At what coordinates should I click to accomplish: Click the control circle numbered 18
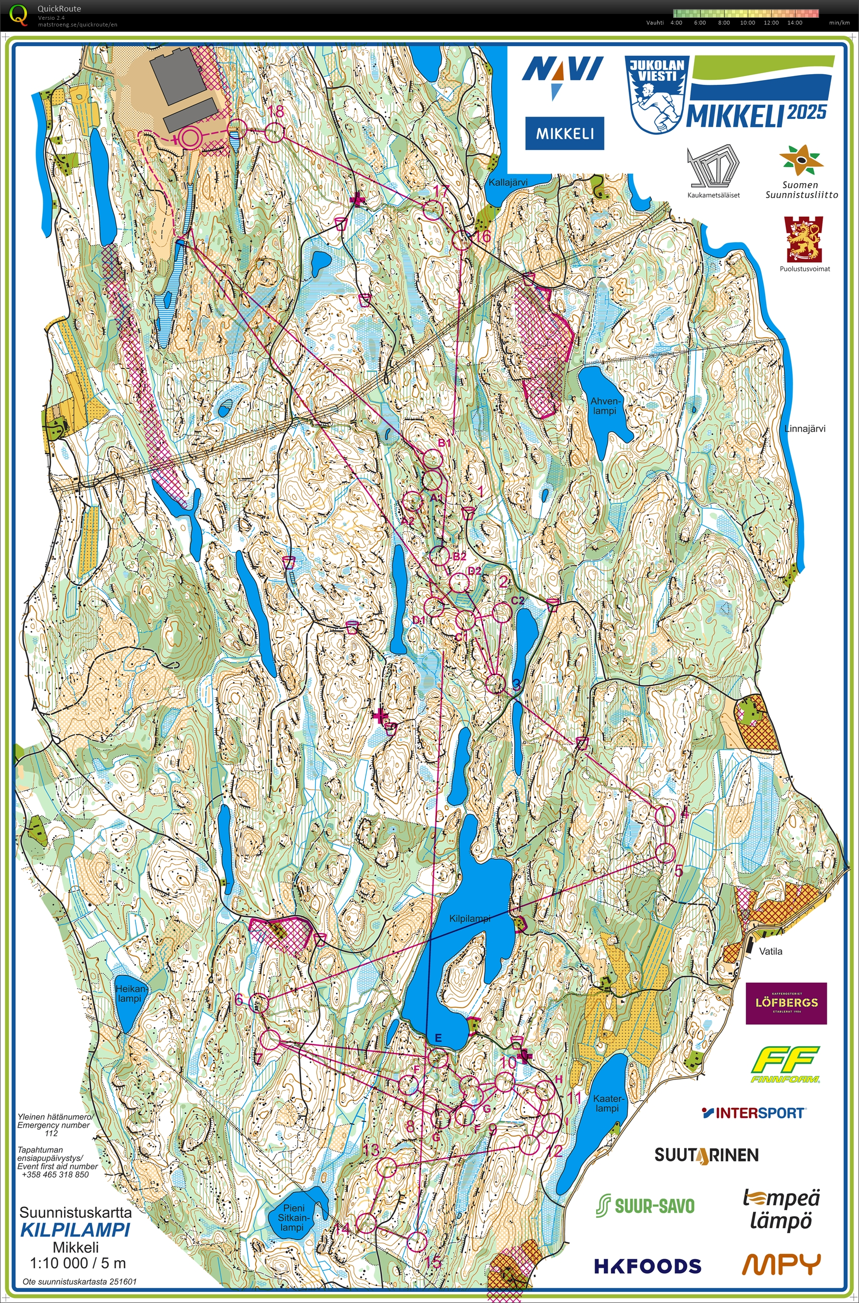(x=275, y=132)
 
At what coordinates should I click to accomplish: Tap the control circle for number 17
(x=432, y=210)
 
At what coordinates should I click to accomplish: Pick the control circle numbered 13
(x=386, y=1168)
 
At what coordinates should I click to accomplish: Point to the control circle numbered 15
(x=417, y=1241)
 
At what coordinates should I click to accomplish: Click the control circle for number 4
(x=664, y=816)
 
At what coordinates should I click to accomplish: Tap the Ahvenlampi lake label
(x=603, y=406)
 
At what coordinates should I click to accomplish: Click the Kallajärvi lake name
(x=508, y=183)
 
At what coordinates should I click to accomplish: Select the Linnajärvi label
(x=804, y=429)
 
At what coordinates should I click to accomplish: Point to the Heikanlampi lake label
(x=130, y=993)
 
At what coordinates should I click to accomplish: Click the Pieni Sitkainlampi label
(x=294, y=1218)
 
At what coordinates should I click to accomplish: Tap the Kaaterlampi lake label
(x=607, y=1103)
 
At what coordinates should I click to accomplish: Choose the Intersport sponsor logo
(x=753, y=1112)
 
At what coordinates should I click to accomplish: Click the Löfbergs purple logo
(x=786, y=1003)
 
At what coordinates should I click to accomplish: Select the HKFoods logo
(x=648, y=1265)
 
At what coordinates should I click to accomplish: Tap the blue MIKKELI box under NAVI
(x=564, y=133)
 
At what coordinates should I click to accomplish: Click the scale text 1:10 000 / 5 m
(x=78, y=1263)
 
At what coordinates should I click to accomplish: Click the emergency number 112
(x=51, y=1133)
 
